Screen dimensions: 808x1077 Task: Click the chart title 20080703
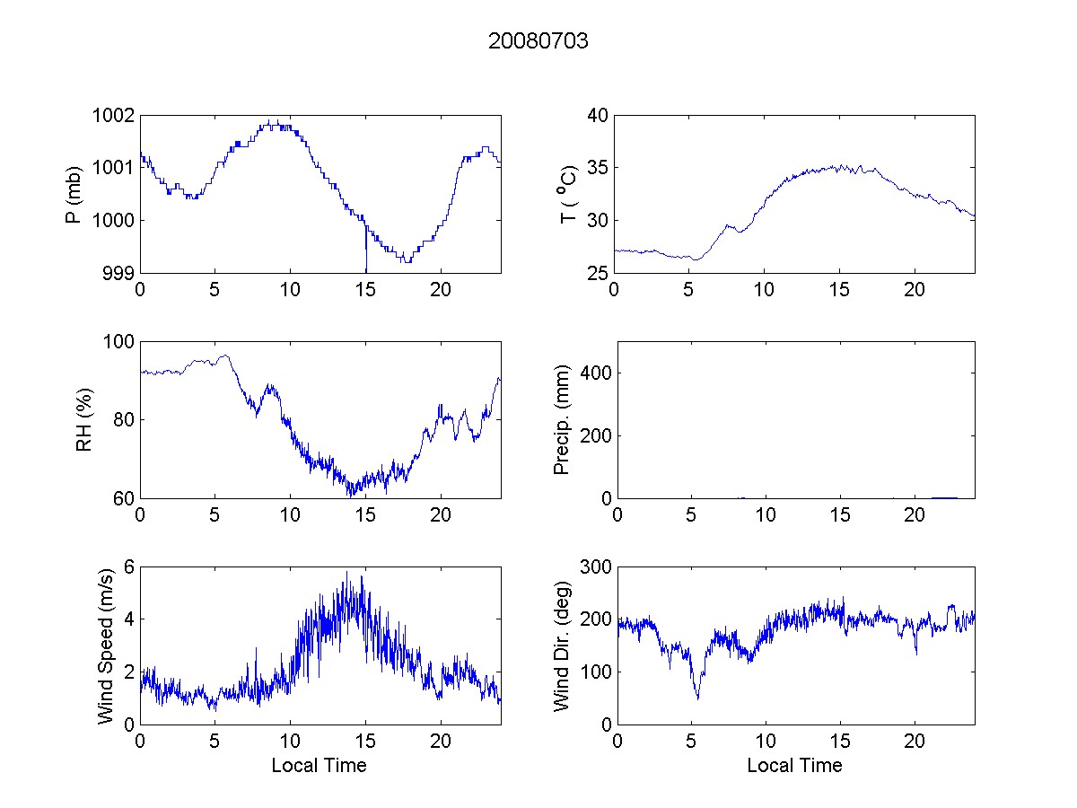[x=538, y=41]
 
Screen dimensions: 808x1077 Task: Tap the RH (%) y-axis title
[x=84, y=419]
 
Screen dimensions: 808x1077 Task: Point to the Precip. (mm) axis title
[x=562, y=419]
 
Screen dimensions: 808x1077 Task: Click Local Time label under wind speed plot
[x=319, y=765]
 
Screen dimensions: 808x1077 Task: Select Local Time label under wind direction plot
[x=794, y=765]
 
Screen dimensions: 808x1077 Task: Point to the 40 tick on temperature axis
[x=599, y=116]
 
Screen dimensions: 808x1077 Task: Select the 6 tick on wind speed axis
[x=129, y=566]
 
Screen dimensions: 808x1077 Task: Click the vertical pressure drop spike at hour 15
[x=365, y=251]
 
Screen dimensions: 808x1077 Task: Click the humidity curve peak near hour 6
[x=226, y=356]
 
